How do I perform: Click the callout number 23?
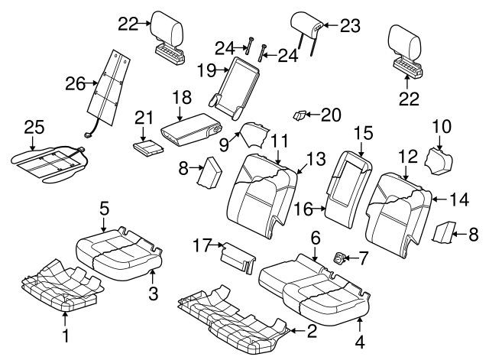pyautogui.click(x=349, y=25)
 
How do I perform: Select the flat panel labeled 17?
pyautogui.click(x=237, y=256)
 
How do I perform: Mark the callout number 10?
pyautogui.click(x=442, y=125)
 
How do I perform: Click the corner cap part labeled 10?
pyautogui.click(x=439, y=162)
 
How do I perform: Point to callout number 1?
pyautogui.click(x=65, y=336)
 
